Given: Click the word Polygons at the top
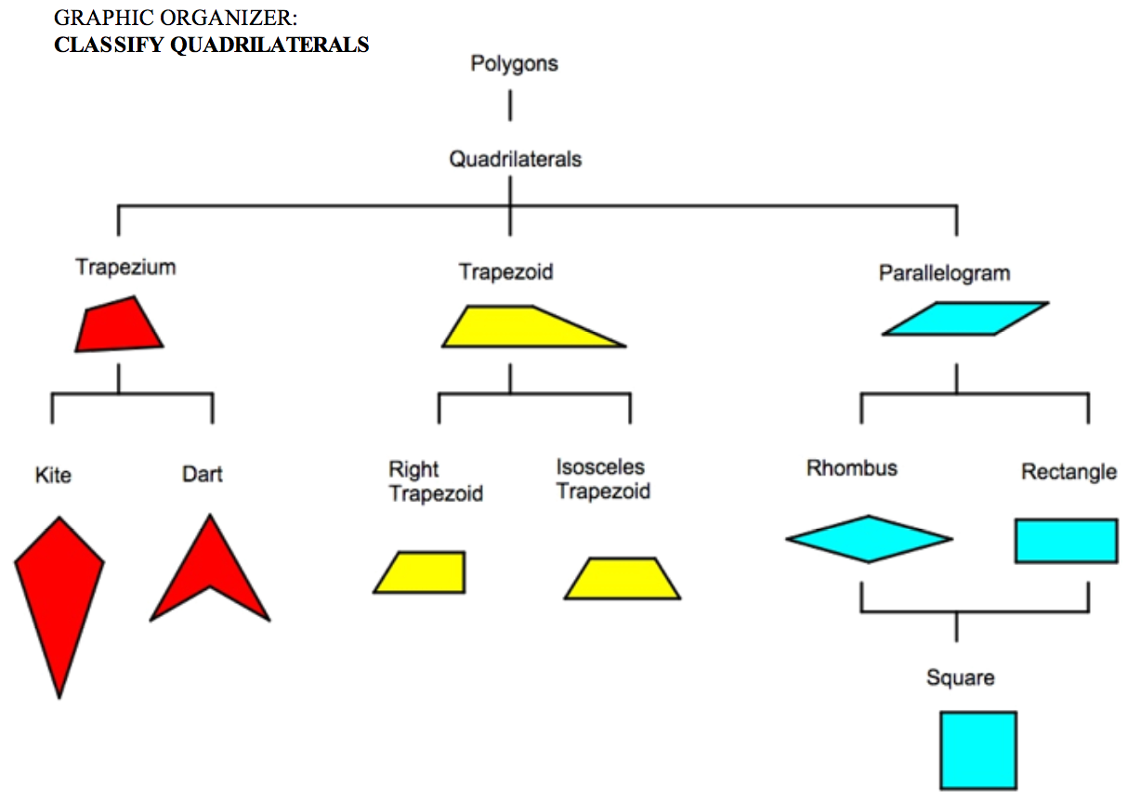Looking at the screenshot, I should click(x=514, y=64).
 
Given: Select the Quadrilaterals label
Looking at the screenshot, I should click(x=515, y=159).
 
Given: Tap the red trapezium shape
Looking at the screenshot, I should click(x=118, y=325).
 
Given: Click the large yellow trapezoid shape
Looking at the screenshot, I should click(x=520, y=328).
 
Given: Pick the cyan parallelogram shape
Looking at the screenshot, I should click(x=964, y=319).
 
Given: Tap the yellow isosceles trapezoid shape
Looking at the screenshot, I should click(x=623, y=579).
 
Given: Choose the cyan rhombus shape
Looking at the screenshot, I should click(x=869, y=539).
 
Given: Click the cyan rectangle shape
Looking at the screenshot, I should click(x=1066, y=541).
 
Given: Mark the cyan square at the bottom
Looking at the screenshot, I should click(x=977, y=750).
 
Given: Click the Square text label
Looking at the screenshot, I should click(x=960, y=677).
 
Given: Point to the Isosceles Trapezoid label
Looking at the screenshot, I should click(x=602, y=479).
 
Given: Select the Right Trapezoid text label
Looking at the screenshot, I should click(x=435, y=481).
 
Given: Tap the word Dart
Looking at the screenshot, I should click(x=202, y=474).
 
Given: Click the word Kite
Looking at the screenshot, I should click(x=53, y=475).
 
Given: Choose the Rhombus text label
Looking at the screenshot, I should click(x=851, y=467).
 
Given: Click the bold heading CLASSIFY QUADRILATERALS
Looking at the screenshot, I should click(x=211, y=45).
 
